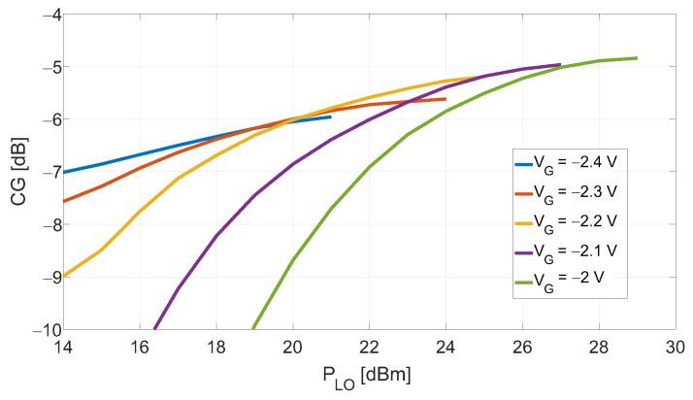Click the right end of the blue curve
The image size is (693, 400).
pos(331,117)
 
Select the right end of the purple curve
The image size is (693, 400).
pos(560,65)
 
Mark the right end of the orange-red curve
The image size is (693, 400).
pos(445,99)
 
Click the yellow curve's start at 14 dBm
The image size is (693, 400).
pos(63,276)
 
